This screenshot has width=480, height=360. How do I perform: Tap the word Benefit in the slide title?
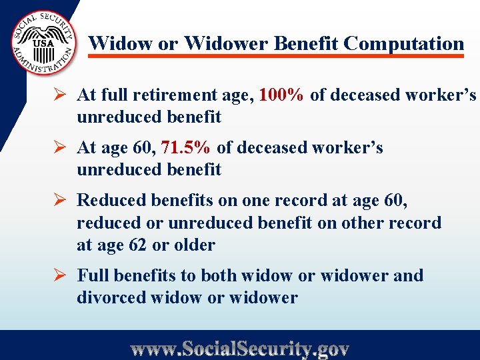click(306, 44)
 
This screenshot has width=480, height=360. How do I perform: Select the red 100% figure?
click(281, 95)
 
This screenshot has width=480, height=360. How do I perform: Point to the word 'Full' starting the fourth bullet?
click(93, 275)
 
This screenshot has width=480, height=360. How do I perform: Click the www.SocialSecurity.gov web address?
click(240, 348)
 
